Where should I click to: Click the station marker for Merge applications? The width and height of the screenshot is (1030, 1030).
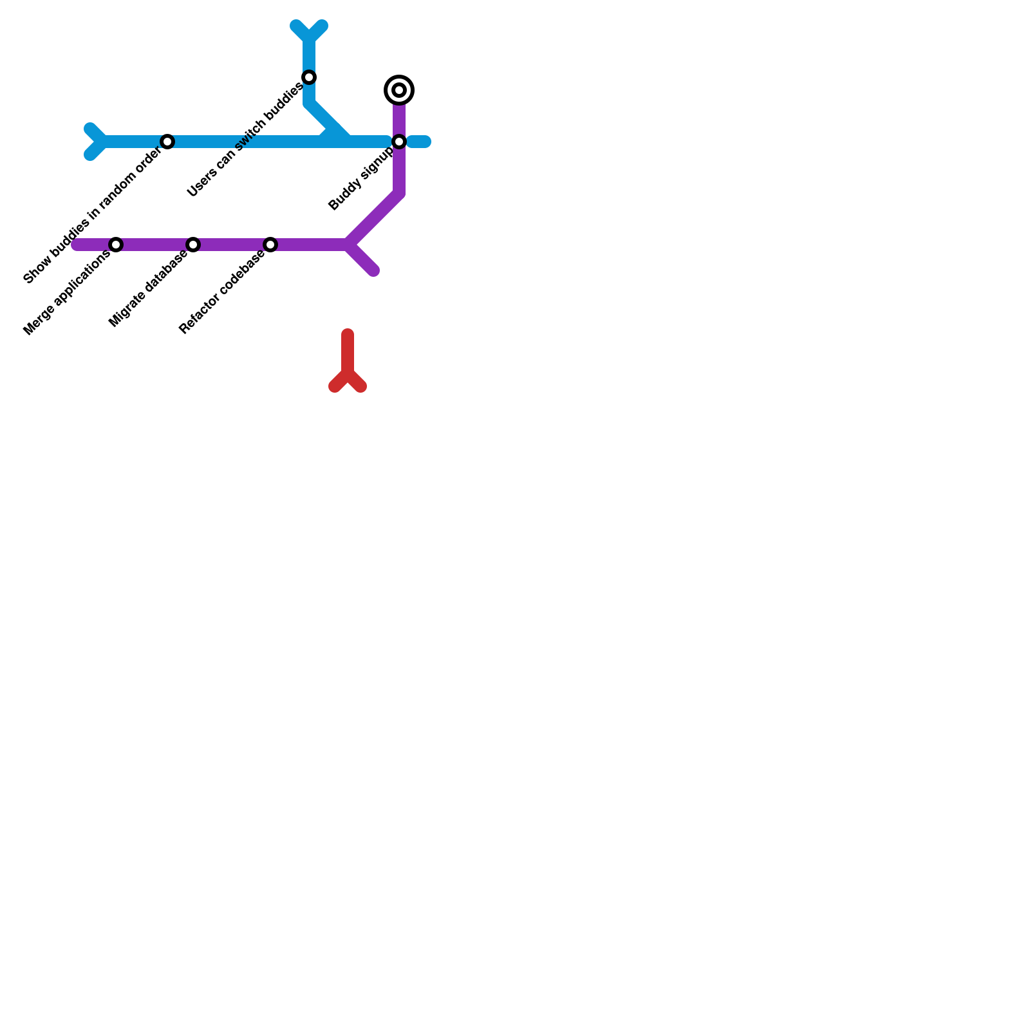116,245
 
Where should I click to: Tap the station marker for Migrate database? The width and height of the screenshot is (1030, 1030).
193,245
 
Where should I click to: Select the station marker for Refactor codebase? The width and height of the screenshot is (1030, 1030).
270,245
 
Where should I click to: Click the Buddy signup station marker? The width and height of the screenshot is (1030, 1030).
399,142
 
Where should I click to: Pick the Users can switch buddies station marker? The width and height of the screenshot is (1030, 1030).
309,77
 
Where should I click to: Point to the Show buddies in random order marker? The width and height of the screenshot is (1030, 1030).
167,142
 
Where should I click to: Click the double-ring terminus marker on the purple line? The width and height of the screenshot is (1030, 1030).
399,90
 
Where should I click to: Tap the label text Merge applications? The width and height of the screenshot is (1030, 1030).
67,293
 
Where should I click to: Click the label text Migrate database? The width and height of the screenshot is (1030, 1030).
149,288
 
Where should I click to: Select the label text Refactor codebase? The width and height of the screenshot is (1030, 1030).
221,292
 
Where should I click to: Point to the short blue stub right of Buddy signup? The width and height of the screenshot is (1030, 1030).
419,142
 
